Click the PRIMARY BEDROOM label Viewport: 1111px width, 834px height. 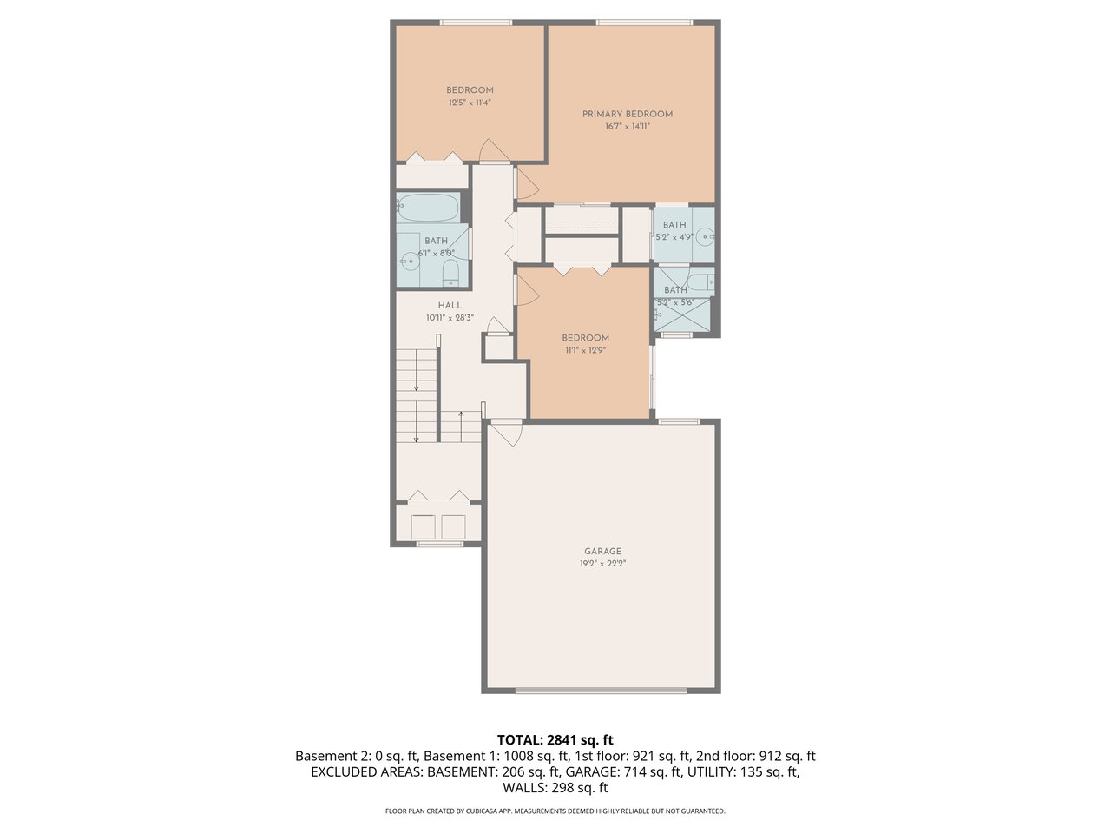[x=627, y=114]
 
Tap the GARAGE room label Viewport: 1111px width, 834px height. [x=602, y=552]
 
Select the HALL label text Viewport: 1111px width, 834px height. [x=450, y=306]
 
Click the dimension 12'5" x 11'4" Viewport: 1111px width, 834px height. [x=470, y=103]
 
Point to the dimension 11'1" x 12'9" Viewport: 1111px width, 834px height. [x=585, y=350]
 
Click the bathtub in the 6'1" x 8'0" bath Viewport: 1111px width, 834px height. [x=428, y=208]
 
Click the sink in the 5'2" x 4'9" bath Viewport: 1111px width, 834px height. [x=706, y=235]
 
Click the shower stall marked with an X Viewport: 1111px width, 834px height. [x=682, y=314]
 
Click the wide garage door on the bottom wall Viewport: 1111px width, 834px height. [x=601, y=692]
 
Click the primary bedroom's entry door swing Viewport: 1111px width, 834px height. [x=526, y=185]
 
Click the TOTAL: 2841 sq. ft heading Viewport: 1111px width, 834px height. [x=555, y=740]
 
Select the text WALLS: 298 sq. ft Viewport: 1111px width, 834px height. [x=555, y=788]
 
